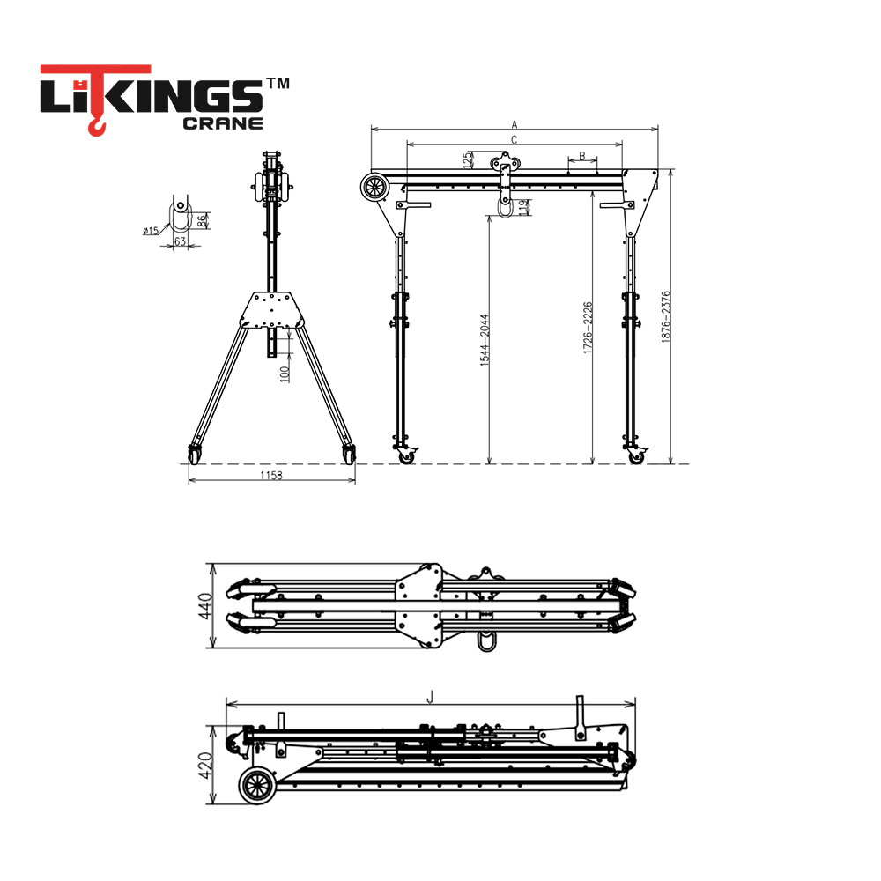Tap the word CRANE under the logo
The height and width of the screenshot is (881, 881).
coord(223,123)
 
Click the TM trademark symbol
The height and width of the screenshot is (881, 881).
coord(278,83)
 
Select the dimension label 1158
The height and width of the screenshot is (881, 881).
coord(270,476)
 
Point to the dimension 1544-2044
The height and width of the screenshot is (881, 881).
coord(485,340)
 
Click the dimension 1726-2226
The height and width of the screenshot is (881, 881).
coord(588,328)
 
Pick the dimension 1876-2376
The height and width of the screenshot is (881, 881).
coord(666,317)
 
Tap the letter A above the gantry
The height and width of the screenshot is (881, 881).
coord(515,125)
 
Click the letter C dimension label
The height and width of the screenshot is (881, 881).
coord(515,140)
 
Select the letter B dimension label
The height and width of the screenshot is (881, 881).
coord(582,156)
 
